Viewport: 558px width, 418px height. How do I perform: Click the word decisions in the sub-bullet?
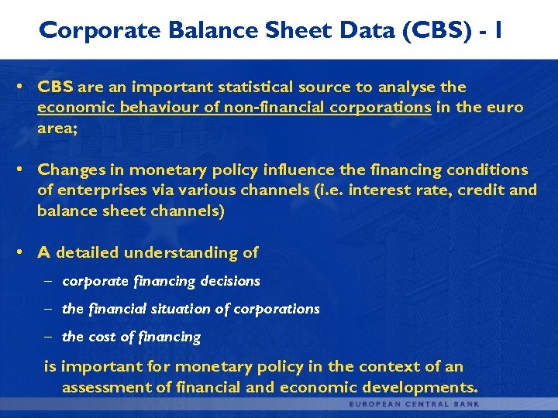229,281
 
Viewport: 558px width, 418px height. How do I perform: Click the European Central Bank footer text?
414,404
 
